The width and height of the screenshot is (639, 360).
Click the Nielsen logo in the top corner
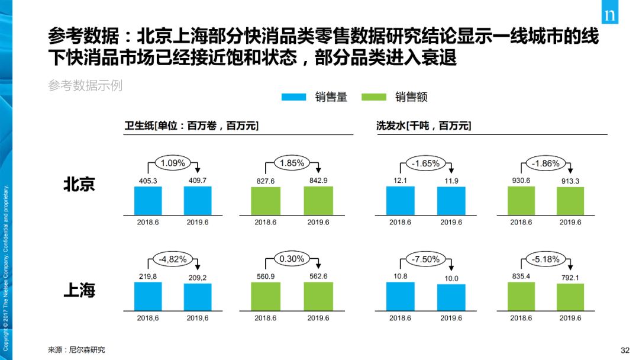[x=610, y=15]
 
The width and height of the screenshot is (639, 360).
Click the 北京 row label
[x=79, y=185]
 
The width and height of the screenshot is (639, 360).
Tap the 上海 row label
[x=79, y=291]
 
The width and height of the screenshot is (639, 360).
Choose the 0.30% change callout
[x=292, y=259]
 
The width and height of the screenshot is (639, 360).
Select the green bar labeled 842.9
[x=318, y=200]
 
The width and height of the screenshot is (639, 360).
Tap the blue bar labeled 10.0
[x=451, y=297]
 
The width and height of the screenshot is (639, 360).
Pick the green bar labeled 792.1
[x=570, y=297]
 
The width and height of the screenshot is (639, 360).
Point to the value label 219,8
[x=148, y=276]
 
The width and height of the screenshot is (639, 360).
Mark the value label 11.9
[x=451, y=181]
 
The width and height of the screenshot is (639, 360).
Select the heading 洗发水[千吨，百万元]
[x=424, y=126]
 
